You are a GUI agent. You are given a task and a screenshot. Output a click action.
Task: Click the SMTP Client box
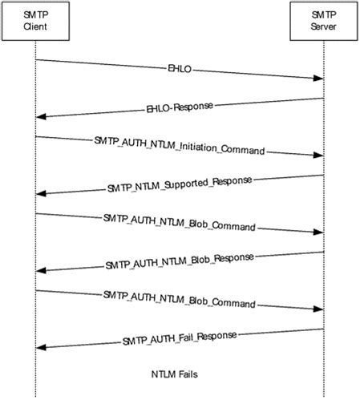coord(35,22)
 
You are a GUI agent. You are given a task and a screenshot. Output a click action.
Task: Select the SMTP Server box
coord(323,22)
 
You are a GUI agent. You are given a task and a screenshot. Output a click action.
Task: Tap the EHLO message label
coord(179,69)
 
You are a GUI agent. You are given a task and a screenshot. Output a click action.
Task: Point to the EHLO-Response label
coord(179,107)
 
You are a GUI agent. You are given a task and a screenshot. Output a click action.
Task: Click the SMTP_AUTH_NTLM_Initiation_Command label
coord(179,146)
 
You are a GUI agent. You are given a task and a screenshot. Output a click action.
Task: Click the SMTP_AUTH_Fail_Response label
coord(179,337)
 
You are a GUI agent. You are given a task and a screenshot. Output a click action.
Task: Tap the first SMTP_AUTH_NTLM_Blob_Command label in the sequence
coord(179,223)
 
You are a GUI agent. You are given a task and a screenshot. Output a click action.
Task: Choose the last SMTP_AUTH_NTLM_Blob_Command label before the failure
coord(179,299)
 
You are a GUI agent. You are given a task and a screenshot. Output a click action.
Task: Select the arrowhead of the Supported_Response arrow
coord(42,193)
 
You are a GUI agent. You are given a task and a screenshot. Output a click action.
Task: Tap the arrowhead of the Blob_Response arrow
coord(42,270)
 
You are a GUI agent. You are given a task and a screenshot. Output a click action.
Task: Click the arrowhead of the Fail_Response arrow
coord(42,346)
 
